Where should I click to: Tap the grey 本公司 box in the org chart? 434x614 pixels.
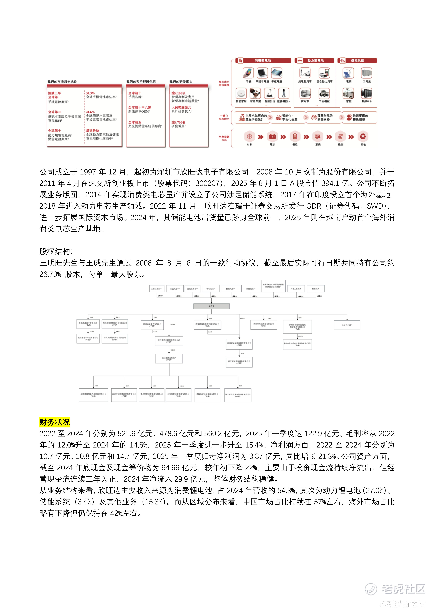[x=211, y=306]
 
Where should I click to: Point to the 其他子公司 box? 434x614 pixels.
[x=347, y=325]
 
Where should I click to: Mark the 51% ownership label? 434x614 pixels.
[x=240, y=386]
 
